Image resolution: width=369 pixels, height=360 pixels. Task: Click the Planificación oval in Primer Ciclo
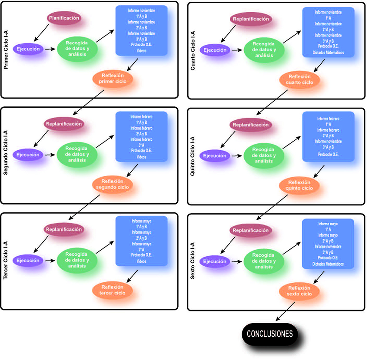point(64,18)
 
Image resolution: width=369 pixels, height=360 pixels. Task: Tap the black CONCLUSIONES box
point(269,334)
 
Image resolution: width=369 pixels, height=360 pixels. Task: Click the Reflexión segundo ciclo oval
point(112,184)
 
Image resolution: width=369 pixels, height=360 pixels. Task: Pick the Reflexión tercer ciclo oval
point(112,290)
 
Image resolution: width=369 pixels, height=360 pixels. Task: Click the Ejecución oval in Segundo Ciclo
point(28,155)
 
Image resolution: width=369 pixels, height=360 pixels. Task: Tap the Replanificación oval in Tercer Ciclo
point(63,229)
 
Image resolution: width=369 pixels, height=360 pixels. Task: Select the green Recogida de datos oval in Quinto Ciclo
point(264,155)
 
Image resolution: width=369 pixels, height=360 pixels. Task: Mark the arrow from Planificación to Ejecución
point(42,33)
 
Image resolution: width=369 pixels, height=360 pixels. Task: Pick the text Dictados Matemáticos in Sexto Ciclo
point(328,264)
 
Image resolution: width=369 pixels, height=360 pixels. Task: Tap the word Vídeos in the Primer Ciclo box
point(141,50)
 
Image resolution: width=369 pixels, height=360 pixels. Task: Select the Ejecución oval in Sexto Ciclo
point(215,261)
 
